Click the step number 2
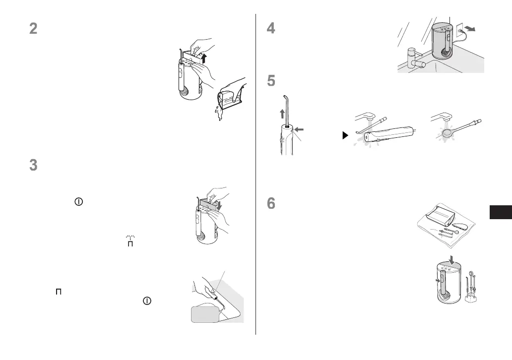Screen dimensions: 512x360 (x=33, y=29)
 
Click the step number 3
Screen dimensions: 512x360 (x=33, y=166)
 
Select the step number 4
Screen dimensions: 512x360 (x=271, y=29)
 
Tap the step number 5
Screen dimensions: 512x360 (x=271, y=81)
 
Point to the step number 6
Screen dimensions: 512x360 (x=271, y=204)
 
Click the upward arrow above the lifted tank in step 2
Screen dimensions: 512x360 (x=203, y=59)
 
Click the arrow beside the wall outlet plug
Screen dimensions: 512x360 (x=478, y=29)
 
